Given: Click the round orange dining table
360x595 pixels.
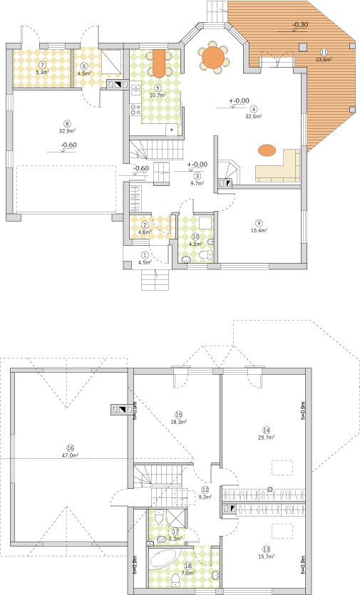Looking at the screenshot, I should coord(213,56).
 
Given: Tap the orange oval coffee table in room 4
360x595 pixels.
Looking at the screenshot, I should coord(267,150).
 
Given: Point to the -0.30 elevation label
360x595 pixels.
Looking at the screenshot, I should coord(300,24).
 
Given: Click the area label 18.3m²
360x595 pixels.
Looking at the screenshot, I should coord(178,421).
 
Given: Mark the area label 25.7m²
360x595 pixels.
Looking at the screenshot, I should coord(267,438).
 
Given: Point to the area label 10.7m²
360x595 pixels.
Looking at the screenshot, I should coord(157,95).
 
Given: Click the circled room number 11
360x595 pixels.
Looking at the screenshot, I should coord(324,52).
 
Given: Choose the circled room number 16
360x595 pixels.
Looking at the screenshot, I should coord(69,447).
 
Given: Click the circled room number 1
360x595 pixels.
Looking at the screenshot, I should coord(145,254).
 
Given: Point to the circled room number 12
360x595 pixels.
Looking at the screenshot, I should coord(205,490).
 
